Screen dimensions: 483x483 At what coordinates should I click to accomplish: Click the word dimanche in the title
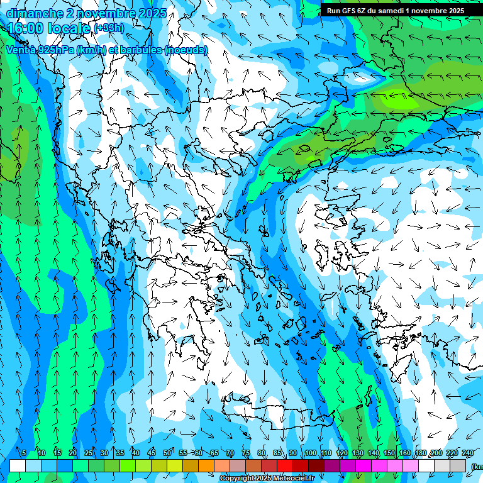(x=34, y=13)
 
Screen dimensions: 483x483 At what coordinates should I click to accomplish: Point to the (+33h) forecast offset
(x=109, y=28)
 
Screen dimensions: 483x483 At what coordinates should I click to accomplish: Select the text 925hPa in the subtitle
(x=53, y=50)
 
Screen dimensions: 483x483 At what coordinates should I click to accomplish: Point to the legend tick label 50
(x=167, y=453)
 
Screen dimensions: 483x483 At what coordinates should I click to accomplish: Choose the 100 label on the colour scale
(x=310, y=453)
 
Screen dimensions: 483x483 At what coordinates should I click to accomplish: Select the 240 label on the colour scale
(x=468, y=453)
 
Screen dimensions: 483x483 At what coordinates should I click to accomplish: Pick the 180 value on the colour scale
(x=420, y=453)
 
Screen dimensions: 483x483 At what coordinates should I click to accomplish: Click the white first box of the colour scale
(x=18, y=465)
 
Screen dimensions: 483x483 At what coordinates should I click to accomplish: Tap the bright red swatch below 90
(x=285, y=465)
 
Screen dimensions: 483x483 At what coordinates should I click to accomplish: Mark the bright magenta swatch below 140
(x=364, y=465)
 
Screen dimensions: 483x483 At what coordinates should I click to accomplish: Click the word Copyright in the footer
(x=236, y=479)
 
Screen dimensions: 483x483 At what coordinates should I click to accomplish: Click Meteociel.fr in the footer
(x=293, y=479)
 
